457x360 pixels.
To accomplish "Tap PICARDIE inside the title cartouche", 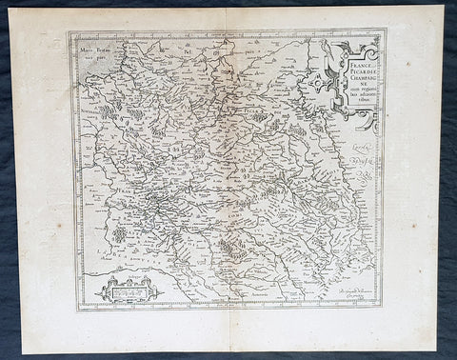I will point(355,71).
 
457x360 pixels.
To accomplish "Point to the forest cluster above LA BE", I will point(118,231).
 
